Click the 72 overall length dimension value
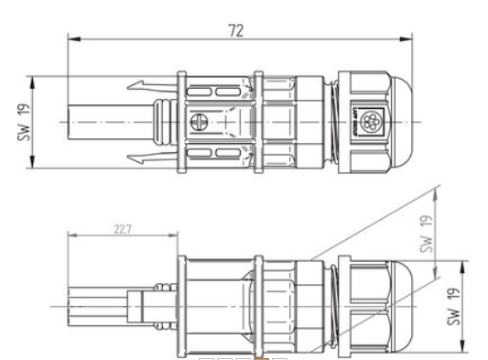pyautogui.click(x=237, y=30)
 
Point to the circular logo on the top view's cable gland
pyautogui.click(x=372, y=119)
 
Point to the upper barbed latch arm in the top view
pyautogui.click(x=146, y=88)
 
